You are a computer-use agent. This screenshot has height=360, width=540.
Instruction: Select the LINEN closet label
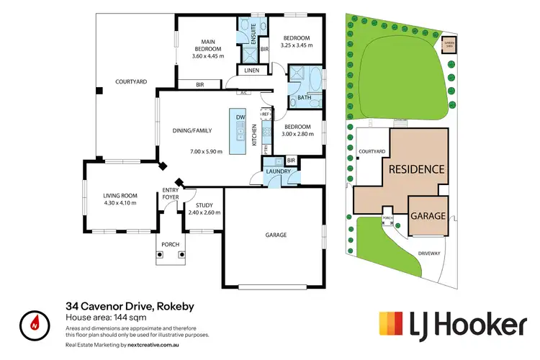point(252,71)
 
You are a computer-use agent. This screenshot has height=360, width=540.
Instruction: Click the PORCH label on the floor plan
point(170,245)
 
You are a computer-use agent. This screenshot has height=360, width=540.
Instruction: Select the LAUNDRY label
point(278,171)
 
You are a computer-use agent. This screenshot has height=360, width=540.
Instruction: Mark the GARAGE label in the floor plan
point(276,235)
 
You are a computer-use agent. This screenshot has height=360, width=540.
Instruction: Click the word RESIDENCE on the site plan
point(416,170)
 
